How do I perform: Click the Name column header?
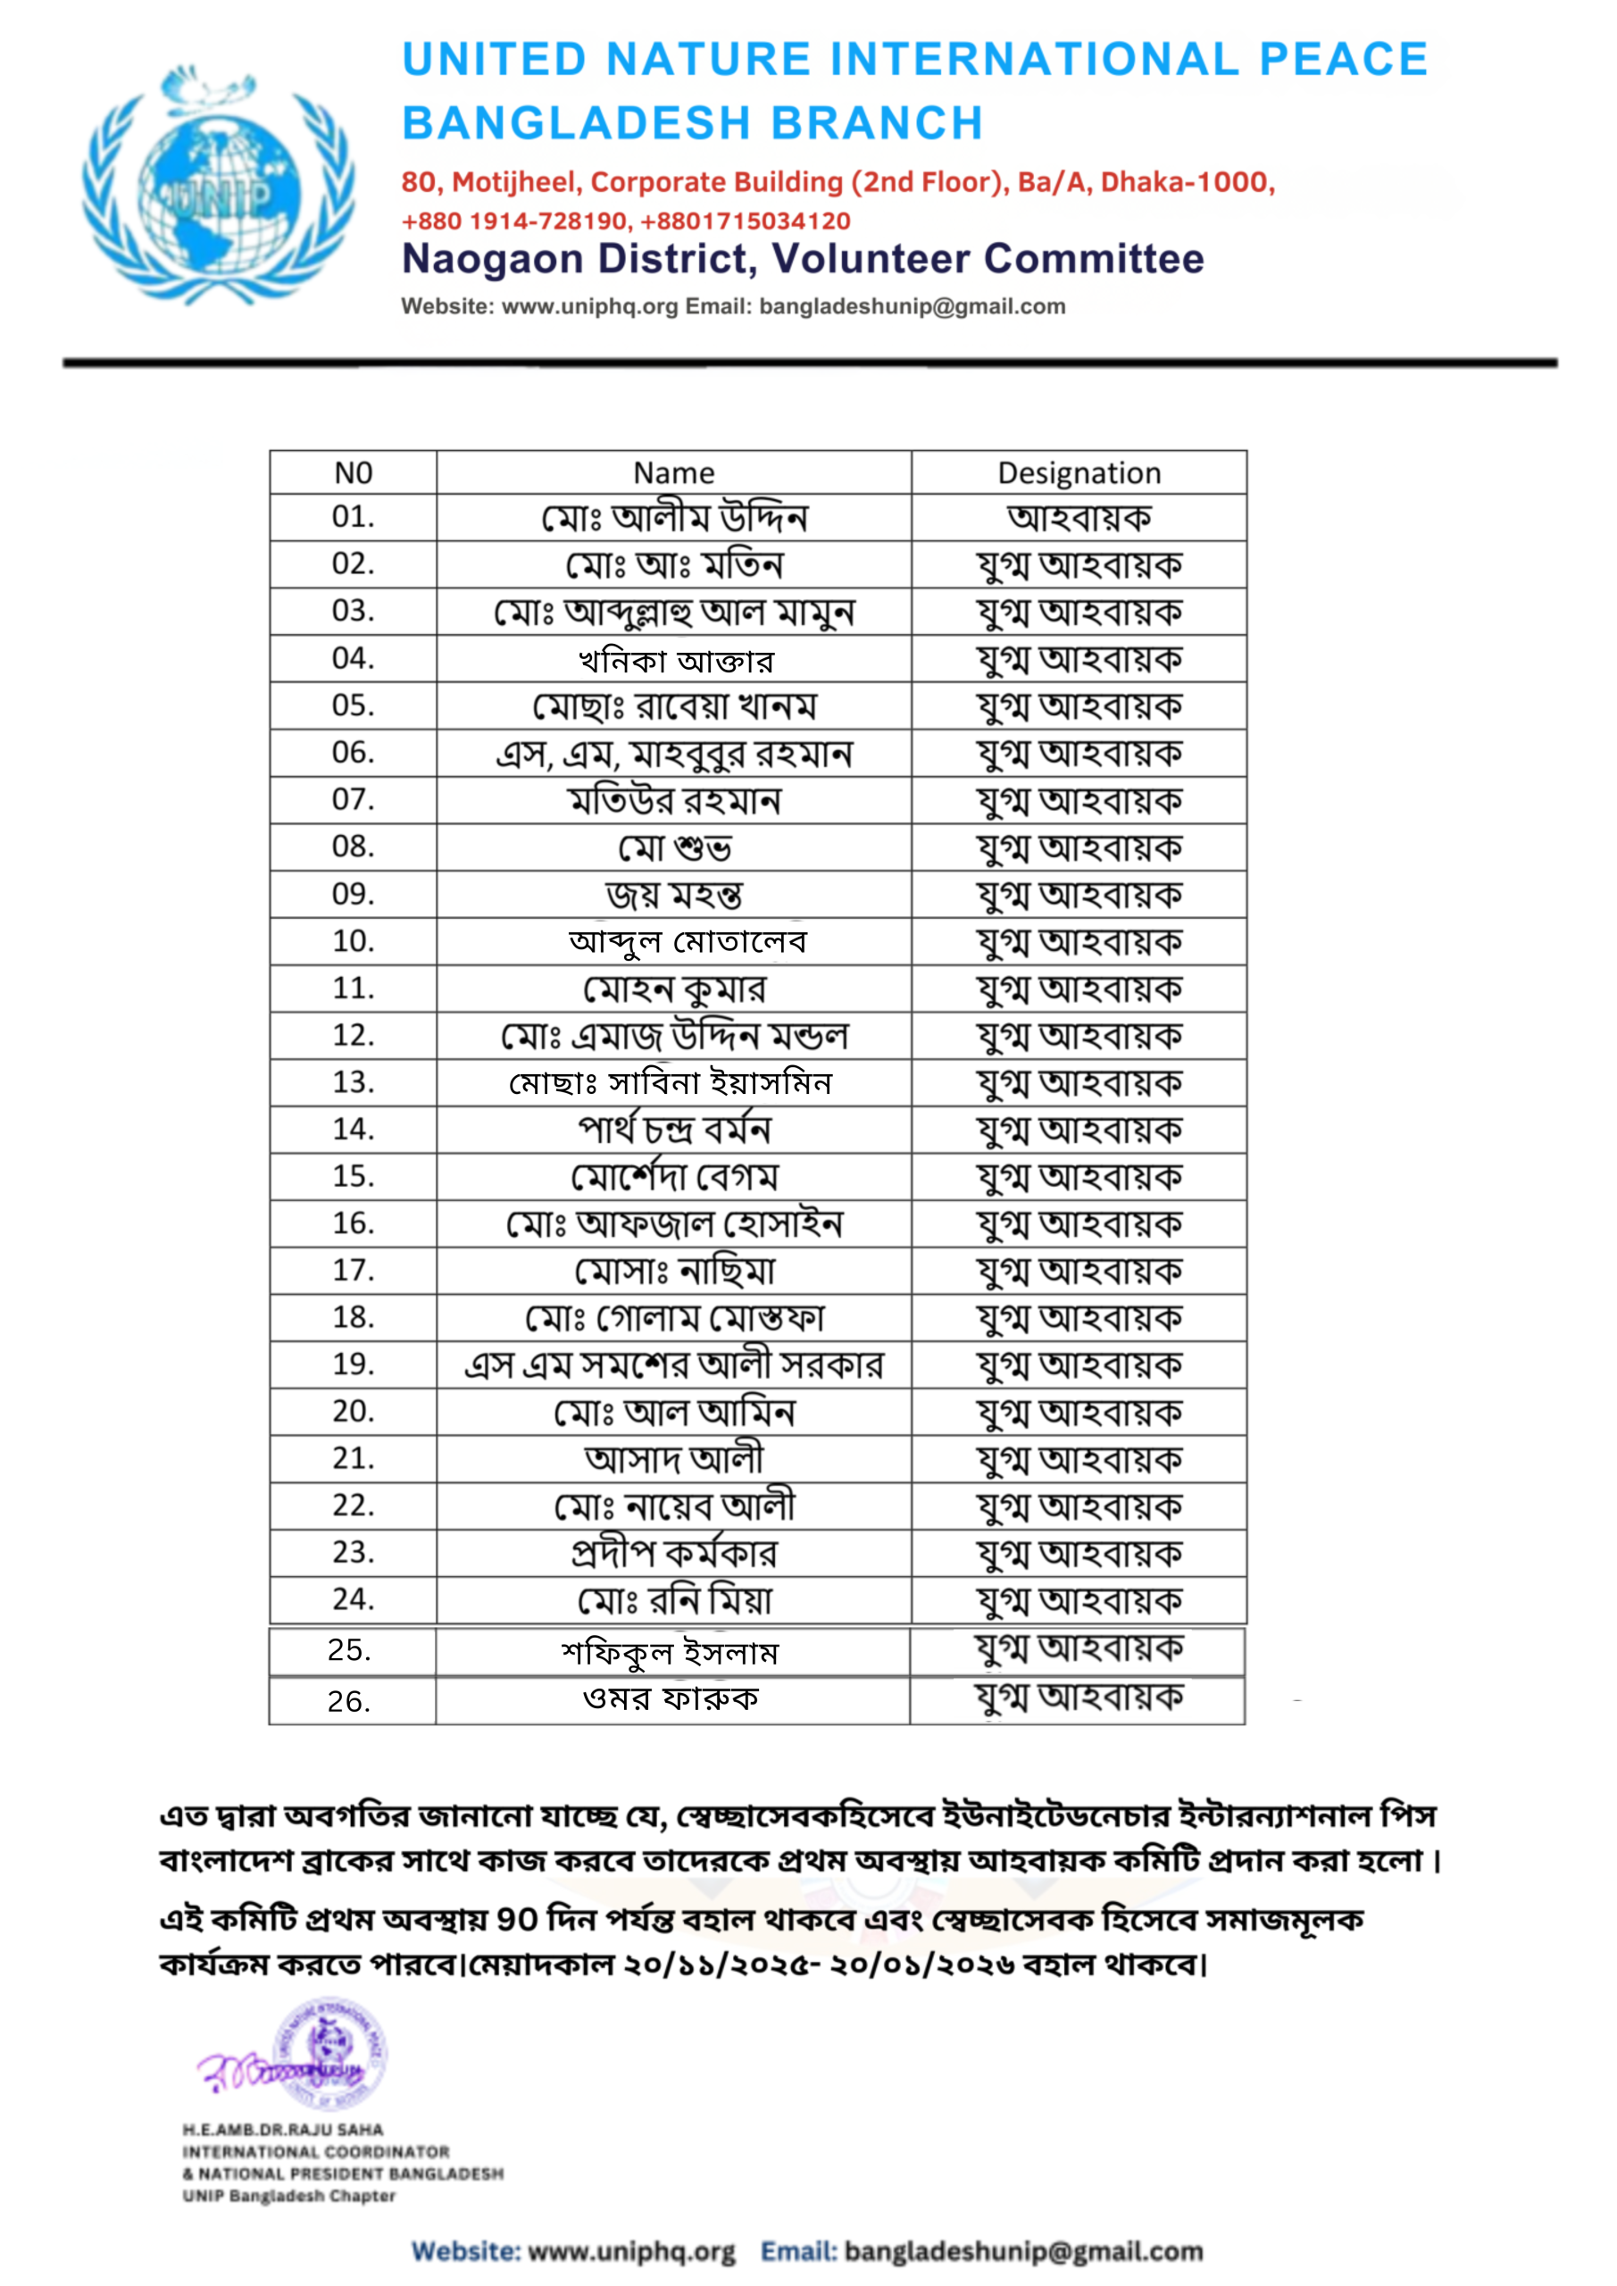click(x=673, y=473)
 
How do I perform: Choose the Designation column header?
click(x=1079, y=473)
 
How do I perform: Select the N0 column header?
click(x=353, y=473)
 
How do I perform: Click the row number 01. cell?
click(x=353, y=517)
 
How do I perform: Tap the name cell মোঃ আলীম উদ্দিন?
click(x=673, y=518)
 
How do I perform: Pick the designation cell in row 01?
click(x=1079, y=518)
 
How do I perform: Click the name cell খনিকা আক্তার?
click(x=675, y=660)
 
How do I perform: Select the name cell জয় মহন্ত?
click(x=674, y=895)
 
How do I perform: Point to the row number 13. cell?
click(x=353, y=1082)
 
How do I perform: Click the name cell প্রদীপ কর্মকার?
click(x=673, y=1553)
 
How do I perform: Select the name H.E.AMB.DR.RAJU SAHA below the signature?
click(x=283, y=2130)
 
